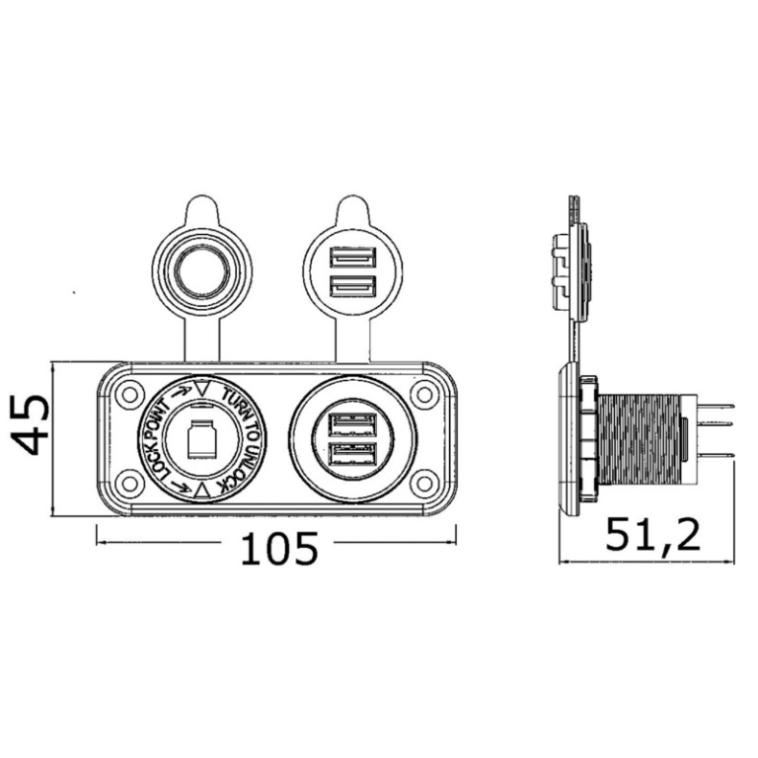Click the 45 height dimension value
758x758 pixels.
click(x=30, y=425)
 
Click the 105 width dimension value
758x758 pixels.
click(x=279, y=549)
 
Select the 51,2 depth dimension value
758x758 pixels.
click(x=652, y=536)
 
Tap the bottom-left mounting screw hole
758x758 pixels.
click(x=129, y=483)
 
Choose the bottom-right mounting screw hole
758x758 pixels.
click(x=424, y=483)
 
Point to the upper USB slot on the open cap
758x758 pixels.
click(x=352, y=258)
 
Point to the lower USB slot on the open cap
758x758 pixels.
click(x=352, y=285)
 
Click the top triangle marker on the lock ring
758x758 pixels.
click(x=202, y=388)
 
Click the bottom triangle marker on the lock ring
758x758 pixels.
click(x=202, y=492)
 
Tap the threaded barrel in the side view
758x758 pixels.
click(x=640, y=439)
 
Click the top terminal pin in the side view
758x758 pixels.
click(x=716, y=406)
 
